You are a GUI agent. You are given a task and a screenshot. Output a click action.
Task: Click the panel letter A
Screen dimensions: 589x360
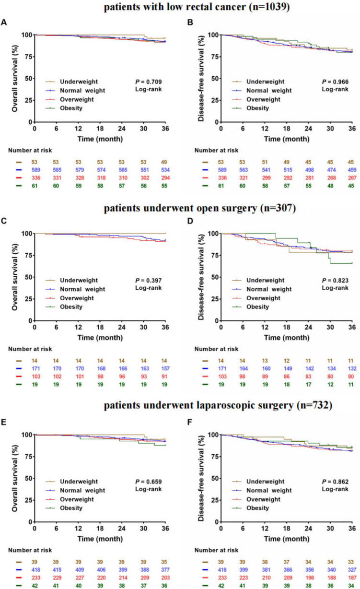(x=4, y=23)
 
